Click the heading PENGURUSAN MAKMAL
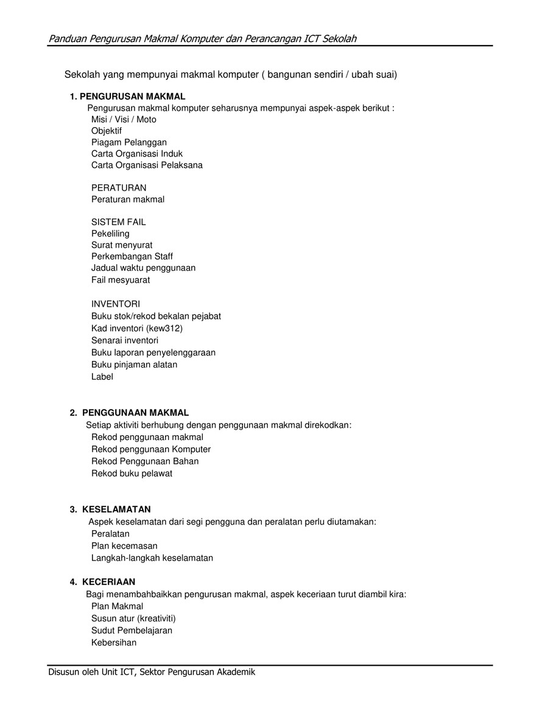point(132,96)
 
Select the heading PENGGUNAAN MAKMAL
point(135,413)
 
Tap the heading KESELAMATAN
point(116,509)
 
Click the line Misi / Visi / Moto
point(124,119)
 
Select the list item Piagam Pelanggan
point(129,142)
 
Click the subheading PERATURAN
point(119,187)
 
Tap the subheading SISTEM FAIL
point(119,222)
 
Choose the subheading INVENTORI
point(116,304)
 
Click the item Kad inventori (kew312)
point(137,328)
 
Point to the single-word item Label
point(102,377)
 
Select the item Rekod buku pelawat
point(132,473)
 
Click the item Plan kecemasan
point(124,546)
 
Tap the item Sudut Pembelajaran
point(132,630)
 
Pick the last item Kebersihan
point(114,643)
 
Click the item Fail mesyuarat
point(121,280)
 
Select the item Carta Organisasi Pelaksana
point(147,165)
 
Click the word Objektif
point(107,131)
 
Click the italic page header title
point(202,39)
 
